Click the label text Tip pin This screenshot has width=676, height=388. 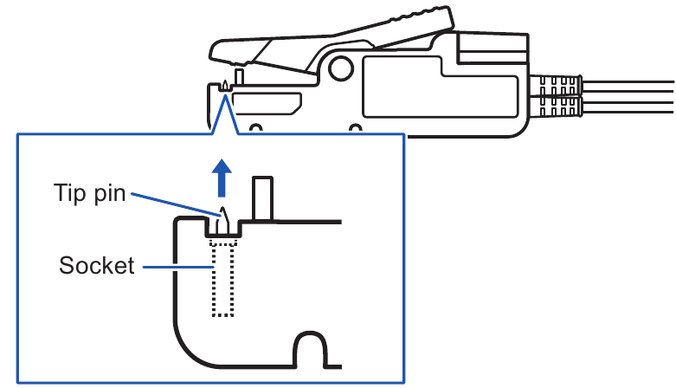pyautogui.click(x=90, y=193)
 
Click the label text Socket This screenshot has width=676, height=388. pyautogui.click(x=97, y=265)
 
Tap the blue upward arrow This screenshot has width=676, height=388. pyautogui.click(x=222, y=178)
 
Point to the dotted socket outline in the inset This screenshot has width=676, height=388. pyautogui.click(x=223, y=278)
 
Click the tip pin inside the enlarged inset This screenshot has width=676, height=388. pyautogui.click(x=222, y=221)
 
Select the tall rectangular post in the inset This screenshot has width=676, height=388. pyautogui.click(x=262, y=198)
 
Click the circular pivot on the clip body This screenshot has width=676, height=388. pyautogui.click(x=341, y=68)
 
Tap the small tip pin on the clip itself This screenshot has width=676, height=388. pyautogui.click(x=225, y=85)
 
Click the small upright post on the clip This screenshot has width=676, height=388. pyautogui.click(x=239, y=76)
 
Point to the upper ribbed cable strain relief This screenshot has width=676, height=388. pyautogui.click(x=557, y=85)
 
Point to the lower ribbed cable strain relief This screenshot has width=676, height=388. pyautogui.click(x=557, y=106)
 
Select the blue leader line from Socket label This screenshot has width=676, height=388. pyautogui.click(x=178, y=267)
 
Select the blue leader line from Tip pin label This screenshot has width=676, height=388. pyautogui.click(x=176, y=204)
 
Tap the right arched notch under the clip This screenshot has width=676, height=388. pyautogui.click(x=355, y=128)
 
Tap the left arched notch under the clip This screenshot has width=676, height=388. pyautogui.click(x=256, y=128)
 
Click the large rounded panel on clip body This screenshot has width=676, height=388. pyautogui.click(x=441, y=87)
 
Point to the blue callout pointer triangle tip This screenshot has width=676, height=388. pyautogui.click(x=225, y=94)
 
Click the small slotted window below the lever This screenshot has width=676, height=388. pyautogui.click(x=267, y=104)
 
